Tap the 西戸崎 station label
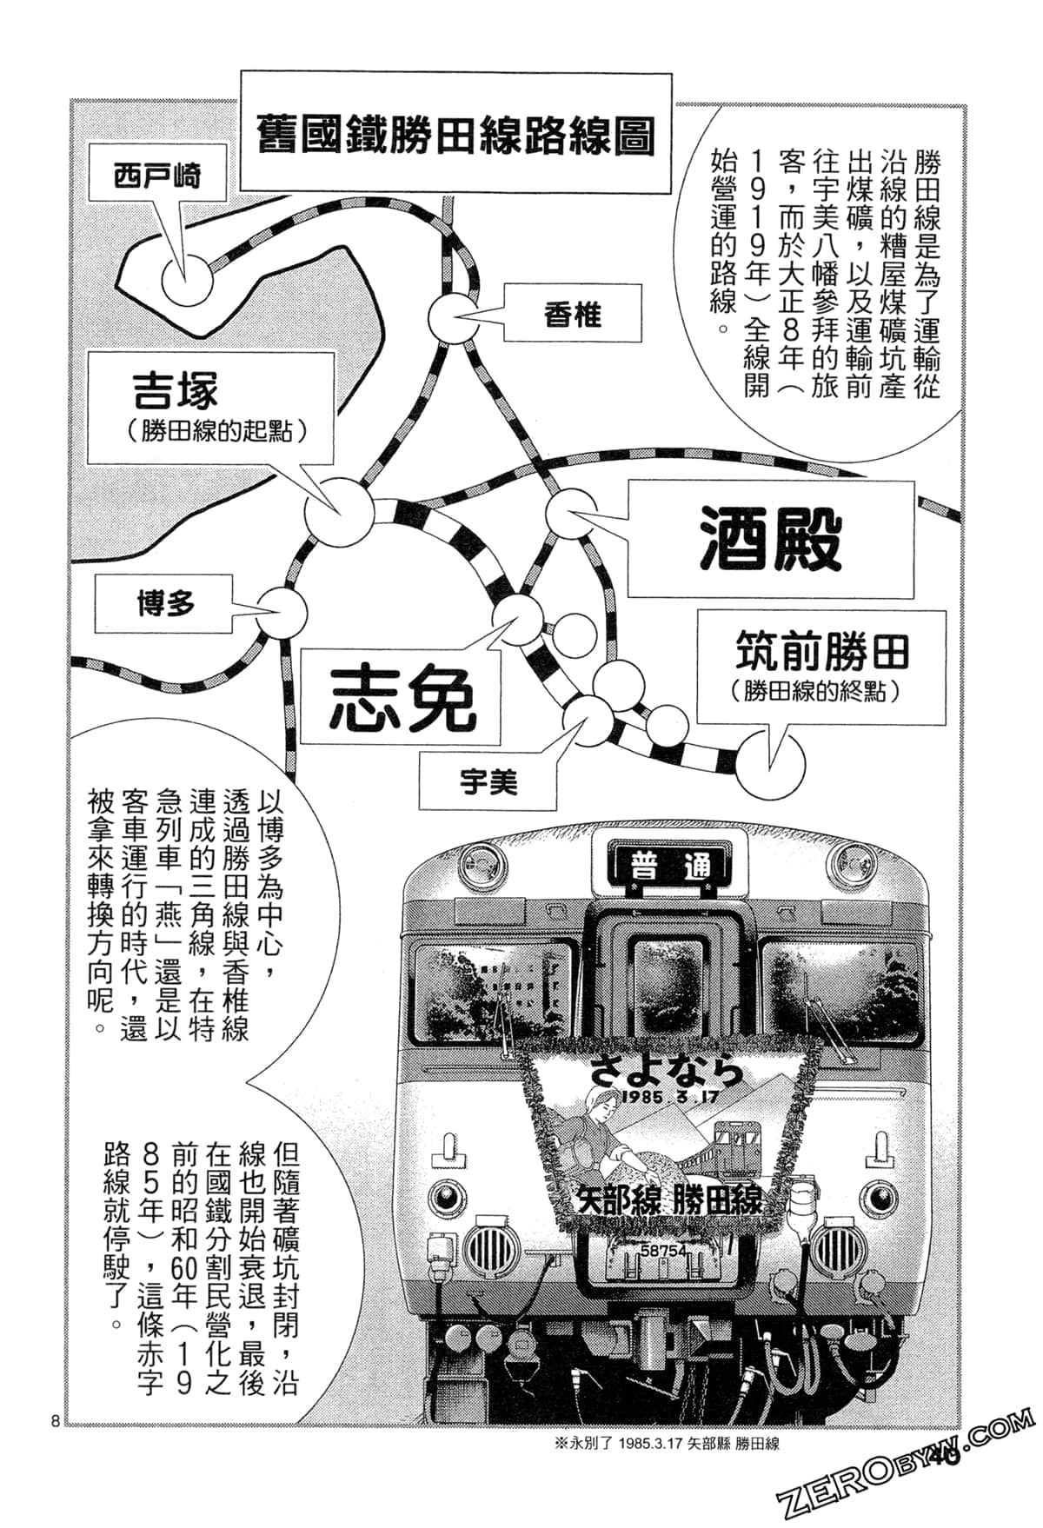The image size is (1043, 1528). pyautogui.click(x=156, y=176)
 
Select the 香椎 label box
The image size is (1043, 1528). pyautogui.click(x=573, y=315)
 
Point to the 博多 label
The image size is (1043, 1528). pyautogui.click(x=165, y=603)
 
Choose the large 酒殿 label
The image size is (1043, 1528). pyautogui.click(x=770, y=539)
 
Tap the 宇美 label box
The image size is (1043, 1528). pyautogui.click(x=488, y=783)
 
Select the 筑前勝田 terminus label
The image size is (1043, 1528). pyautogui.click(x=821, y=652)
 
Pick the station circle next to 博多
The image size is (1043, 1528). pyautogui.click(x=283, y=611)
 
